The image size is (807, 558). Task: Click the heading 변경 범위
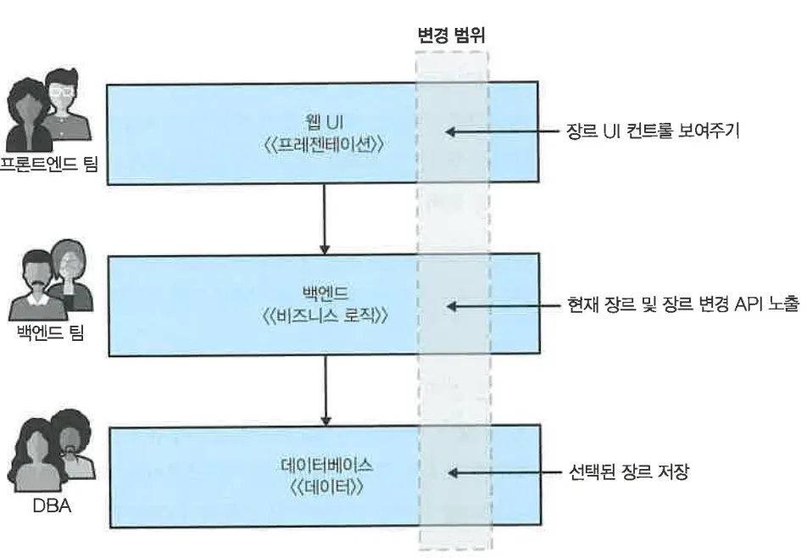coord(452,35)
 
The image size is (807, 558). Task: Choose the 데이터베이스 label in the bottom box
coord(323,466)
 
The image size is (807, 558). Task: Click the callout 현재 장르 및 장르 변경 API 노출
coord(682,304)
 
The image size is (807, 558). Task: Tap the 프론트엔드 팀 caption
coord(50,165)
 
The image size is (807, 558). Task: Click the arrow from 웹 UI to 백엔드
coord(324,218)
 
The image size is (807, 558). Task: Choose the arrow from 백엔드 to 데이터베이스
coord(324,390)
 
